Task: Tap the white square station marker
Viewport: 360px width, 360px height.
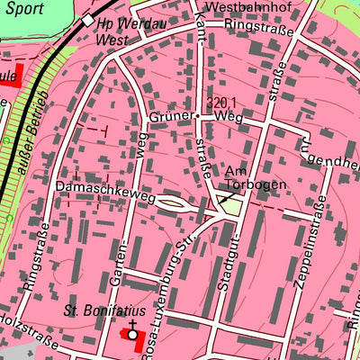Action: pyautogui.click(x=87, y=20)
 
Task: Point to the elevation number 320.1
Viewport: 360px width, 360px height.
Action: pyautogui.click(x=220, y=103)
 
